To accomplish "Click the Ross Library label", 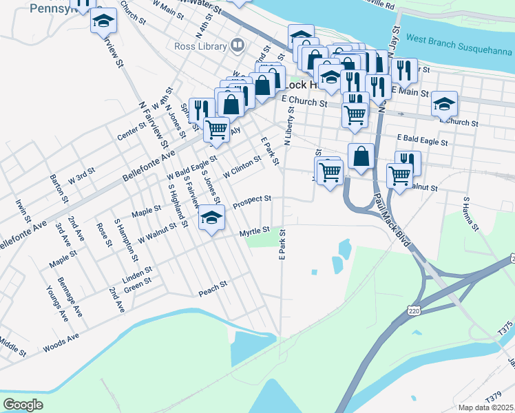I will coord(200,47).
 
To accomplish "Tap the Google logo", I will coord(23,405).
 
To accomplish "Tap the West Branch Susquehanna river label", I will coord(459,41).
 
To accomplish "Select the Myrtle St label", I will coord(253,233).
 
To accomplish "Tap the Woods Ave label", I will coord(61,341).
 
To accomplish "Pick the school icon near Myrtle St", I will coord(212,219).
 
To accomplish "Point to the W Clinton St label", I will coord(242,166).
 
